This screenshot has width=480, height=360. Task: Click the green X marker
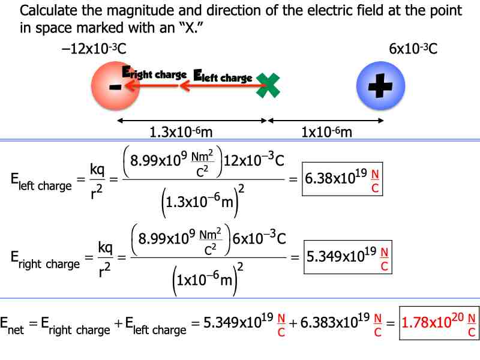[268, 86]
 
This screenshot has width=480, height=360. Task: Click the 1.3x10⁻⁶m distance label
[178, 132]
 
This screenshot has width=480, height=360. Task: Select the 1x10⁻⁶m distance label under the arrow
[326, 132]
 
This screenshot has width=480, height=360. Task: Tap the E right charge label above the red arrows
[154, 73]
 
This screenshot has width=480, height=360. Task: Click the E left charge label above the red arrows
[223, 76]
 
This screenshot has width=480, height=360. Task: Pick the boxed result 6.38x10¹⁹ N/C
[343, 179]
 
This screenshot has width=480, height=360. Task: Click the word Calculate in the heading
[47, 11]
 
